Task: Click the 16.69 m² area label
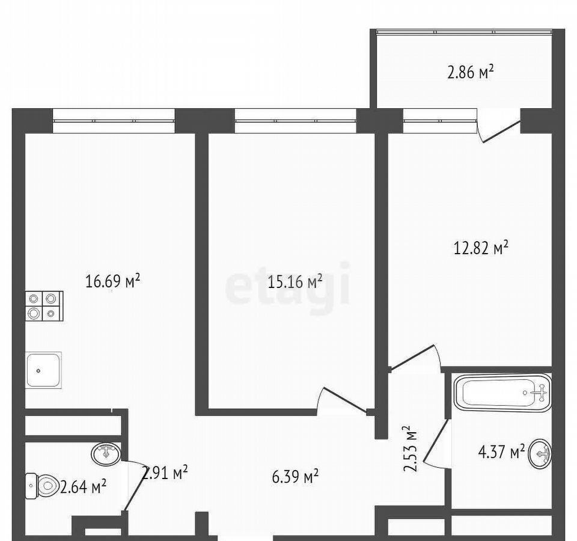click(x=112, y=281)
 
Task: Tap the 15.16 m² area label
click(x=295, y=282)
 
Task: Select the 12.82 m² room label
click(x=481, y=248)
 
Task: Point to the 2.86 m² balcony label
click(x=470, y=72)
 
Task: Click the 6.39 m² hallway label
click(x=295, y=477)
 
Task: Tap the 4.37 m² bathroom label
click(x=501, y=451)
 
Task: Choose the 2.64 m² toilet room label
click(x=83, y=488)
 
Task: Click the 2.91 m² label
click(x=165, y=472)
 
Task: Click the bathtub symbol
click(x=502, y=393)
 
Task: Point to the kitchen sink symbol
click(x=43, y=370)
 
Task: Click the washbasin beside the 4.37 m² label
click(x=540, y=453)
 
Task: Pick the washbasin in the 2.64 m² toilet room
click(x=106, y=453)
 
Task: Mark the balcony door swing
click(x=499, y=126)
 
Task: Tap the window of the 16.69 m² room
click(x=114, y=120)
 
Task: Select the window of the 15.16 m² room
click(x=296, y=120)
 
